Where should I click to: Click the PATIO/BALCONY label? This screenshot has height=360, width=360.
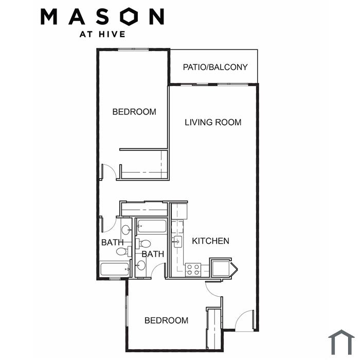[215, 67]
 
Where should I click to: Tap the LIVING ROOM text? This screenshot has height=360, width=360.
[213, 122]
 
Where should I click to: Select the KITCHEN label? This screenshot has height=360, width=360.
[210, 241]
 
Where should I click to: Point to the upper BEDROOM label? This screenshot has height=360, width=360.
[134, 112]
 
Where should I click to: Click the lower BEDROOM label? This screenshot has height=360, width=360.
[167, 320]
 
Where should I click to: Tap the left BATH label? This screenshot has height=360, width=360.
[112, 242]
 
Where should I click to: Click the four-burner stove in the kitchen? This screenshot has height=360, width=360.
[193, 270]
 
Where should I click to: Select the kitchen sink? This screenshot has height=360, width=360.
[177, 242]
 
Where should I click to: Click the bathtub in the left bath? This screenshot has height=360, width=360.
[115, 269]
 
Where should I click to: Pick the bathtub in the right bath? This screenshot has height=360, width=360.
[152, 226]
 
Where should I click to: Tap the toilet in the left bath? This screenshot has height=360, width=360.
[123, 251]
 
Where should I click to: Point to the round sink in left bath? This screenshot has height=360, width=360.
[126, 229]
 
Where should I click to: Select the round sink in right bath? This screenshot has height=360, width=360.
[141, 266]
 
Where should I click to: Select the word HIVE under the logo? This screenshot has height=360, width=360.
[112, 34]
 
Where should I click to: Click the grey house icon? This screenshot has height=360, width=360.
[341, 342]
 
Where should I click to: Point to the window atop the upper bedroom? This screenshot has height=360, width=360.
[133, 49]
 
